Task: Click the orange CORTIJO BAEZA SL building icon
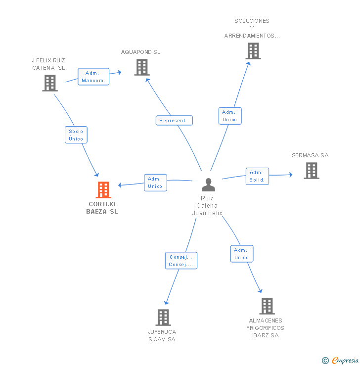[103, 189]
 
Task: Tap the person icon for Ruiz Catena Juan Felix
[209, 185]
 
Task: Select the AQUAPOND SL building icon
[142, 67]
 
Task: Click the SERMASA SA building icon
[311, 171]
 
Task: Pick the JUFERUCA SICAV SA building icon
[163, 318]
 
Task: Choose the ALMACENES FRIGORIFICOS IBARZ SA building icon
[267, 306]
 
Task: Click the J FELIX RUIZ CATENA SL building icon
[50, 83]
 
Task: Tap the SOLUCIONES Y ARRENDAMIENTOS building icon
[253, 51]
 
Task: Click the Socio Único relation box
[76, 135]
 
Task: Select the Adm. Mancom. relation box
[93, 77]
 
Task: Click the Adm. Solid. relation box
[257, 176]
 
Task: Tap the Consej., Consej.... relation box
[181, 261]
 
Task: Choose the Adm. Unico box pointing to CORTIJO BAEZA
[155, 183]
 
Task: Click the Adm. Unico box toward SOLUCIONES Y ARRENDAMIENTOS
[230, 116]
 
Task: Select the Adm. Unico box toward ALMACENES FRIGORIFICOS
[242, 254]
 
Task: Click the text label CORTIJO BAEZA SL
[102, 208]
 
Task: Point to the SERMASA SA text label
[310, 155]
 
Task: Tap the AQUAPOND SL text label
[141, 52]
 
